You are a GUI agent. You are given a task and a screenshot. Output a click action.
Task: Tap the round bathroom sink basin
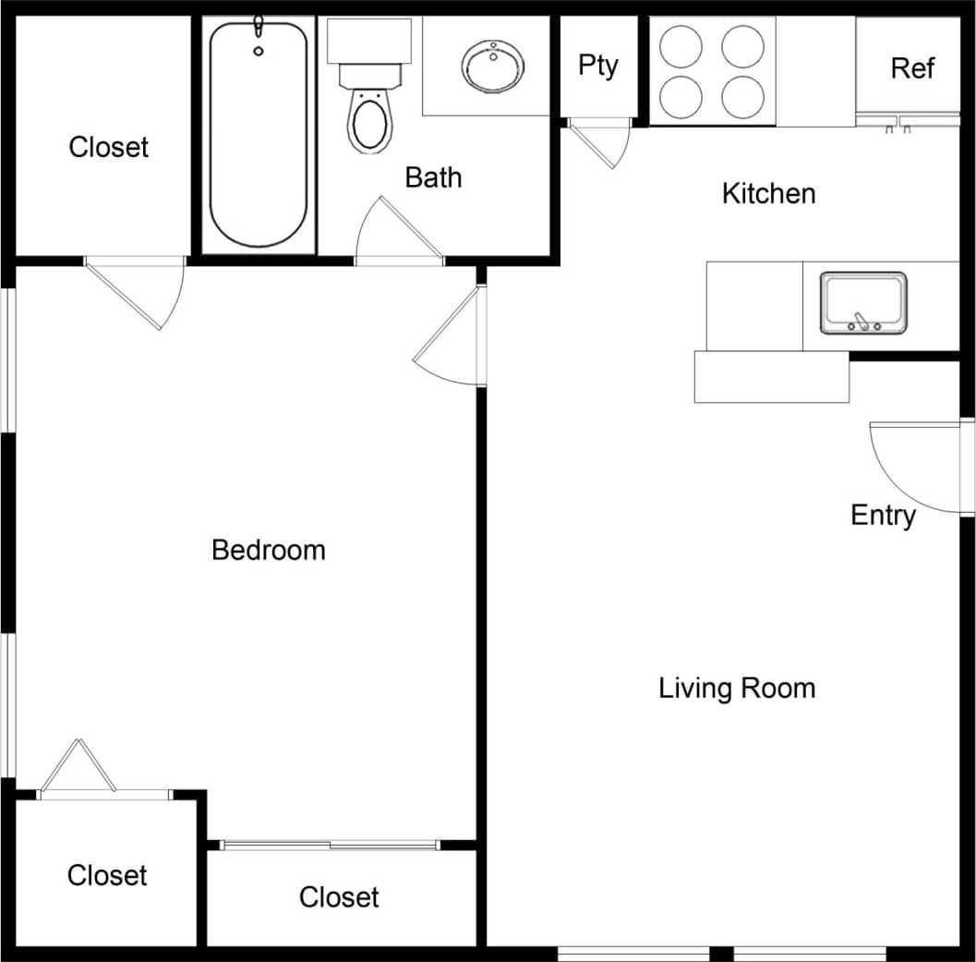pos(492,66)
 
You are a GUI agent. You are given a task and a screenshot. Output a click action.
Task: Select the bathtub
pos(258,134)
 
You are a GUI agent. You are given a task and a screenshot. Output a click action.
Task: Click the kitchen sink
pos(863,303)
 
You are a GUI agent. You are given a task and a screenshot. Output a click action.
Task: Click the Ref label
pos(911,68)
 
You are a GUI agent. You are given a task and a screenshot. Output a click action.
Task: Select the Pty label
pos(597,66)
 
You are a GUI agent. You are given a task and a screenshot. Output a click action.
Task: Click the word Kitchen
pos(768,194)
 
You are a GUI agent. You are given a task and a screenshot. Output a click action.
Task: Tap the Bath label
pos(433,177)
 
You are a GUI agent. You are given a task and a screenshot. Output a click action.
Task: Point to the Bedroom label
pos(269,550)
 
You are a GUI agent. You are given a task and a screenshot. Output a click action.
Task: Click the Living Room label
pos(737,688)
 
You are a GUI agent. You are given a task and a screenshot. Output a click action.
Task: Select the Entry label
pos(883,515)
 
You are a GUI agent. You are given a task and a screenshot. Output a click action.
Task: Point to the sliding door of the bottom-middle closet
pos(330,845)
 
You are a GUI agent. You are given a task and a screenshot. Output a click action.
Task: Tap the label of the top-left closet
pos(108,147)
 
